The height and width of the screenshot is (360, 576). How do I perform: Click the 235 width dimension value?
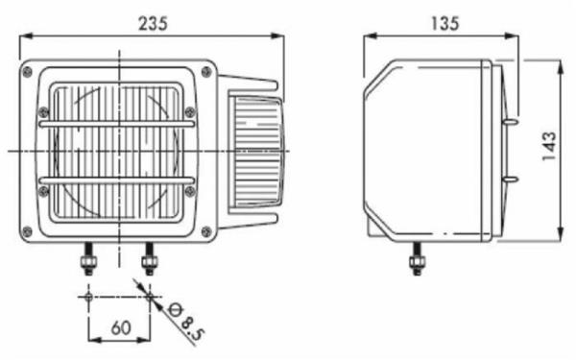[153, 22]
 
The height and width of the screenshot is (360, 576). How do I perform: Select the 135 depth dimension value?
[444, 22]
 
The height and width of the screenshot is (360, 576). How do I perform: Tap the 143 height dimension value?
[549, 149]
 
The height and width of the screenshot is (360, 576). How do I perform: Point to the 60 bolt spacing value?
[120, 326]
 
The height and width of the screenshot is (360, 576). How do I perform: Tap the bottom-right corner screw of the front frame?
[204, 231]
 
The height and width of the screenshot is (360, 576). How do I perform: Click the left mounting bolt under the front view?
[88, 262]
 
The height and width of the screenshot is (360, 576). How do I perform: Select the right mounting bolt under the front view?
[149, 262]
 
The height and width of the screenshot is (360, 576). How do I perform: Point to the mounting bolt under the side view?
[418, 262]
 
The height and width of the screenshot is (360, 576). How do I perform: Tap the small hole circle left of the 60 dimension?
[88, 298]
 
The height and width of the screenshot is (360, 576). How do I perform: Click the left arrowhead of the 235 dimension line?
[25, 36]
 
